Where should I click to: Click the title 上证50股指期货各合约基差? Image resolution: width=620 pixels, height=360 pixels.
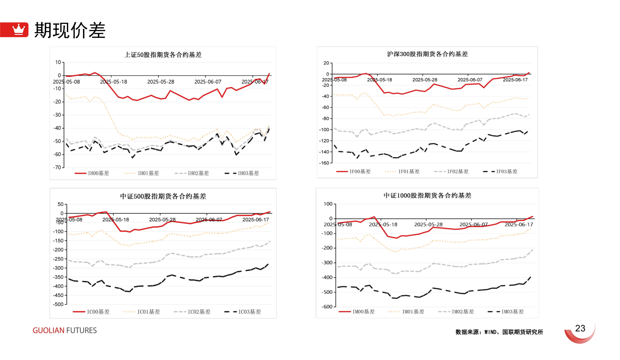point(163,55)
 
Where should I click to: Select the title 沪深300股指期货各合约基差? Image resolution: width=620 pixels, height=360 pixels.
point(427,54)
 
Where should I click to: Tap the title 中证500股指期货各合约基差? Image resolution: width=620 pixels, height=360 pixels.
point(163,196)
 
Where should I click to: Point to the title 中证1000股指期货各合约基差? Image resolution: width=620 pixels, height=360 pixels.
point(427,196)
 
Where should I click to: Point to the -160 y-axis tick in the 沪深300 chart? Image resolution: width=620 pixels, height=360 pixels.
point(324,163)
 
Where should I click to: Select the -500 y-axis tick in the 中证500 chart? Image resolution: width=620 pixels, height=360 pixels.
point(58,304)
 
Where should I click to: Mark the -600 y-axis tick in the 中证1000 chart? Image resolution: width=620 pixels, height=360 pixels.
point(327,307)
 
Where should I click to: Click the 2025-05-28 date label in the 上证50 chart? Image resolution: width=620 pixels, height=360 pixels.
point(161,82)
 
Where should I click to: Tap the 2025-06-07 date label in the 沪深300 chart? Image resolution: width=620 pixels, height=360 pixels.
point(470,80)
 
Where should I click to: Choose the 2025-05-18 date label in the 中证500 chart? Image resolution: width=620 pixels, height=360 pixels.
point(116,220)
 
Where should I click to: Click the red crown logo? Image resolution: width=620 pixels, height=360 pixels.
point(18,30)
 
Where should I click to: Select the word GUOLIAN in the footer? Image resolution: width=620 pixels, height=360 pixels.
point(48,330)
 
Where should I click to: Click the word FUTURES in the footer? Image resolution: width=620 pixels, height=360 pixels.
point(81,330)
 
